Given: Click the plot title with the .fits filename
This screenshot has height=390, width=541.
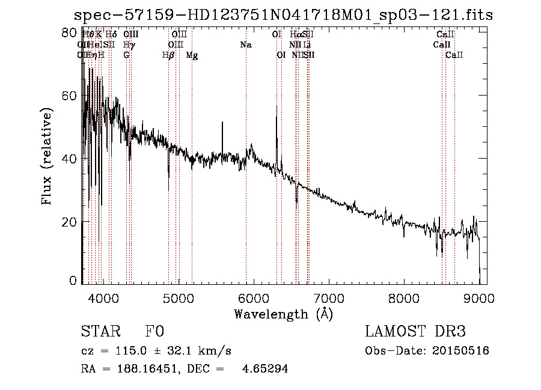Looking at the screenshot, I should [283, 15].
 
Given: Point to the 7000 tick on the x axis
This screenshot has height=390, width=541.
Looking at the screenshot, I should [329, 297].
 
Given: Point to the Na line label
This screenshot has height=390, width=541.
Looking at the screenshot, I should [245, 44].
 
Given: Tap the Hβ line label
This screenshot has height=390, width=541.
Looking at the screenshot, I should [168, 55].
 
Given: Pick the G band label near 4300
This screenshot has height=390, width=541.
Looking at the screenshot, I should [126, 55].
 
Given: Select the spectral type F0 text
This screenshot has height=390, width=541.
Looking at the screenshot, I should [154, 332].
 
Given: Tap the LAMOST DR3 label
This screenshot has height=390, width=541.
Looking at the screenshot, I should [415, 332].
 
